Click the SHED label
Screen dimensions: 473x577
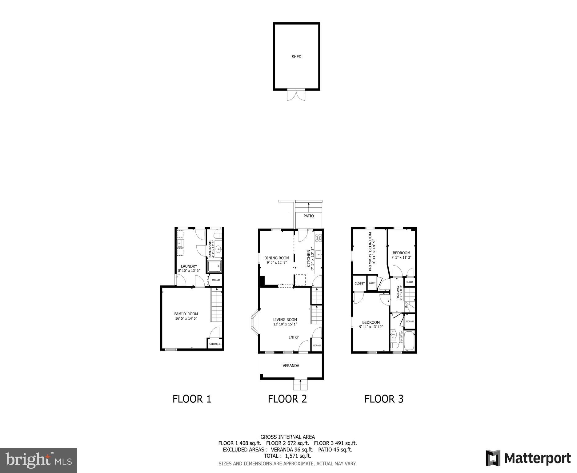296,57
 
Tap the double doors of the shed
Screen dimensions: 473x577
296,95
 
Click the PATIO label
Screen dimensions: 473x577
309,216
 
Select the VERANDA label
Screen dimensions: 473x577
291,366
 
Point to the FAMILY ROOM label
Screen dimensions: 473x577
186,314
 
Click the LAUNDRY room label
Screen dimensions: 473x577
189,266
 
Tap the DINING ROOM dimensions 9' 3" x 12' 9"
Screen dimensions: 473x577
277,263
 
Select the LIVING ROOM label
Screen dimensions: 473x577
285,320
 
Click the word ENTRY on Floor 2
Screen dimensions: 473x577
294,337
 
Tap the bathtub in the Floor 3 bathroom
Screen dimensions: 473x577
409,341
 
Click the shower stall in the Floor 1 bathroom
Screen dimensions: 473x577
214,266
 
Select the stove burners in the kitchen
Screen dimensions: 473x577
318,237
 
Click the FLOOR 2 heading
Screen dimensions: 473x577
287,399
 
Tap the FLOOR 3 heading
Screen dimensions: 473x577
384,399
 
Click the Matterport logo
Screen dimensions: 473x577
528,458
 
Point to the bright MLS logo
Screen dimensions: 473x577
38,460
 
